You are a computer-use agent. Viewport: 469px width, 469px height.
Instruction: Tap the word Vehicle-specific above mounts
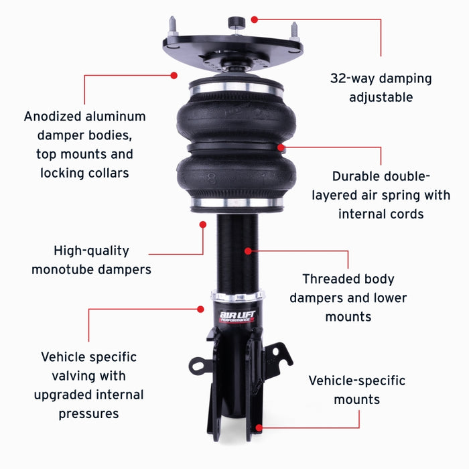click(356, 381)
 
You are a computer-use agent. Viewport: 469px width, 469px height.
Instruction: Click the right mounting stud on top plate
click(293, 31)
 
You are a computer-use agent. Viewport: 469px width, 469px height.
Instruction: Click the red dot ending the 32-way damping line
click(254, 21)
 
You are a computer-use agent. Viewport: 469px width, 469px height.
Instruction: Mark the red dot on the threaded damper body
click(248, 251)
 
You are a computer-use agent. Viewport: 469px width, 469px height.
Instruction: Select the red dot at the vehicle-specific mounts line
click(259, 426)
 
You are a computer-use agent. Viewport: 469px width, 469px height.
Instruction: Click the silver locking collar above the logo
click(235, 296)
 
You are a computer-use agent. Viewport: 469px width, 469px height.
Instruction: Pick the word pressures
click(88, 413)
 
